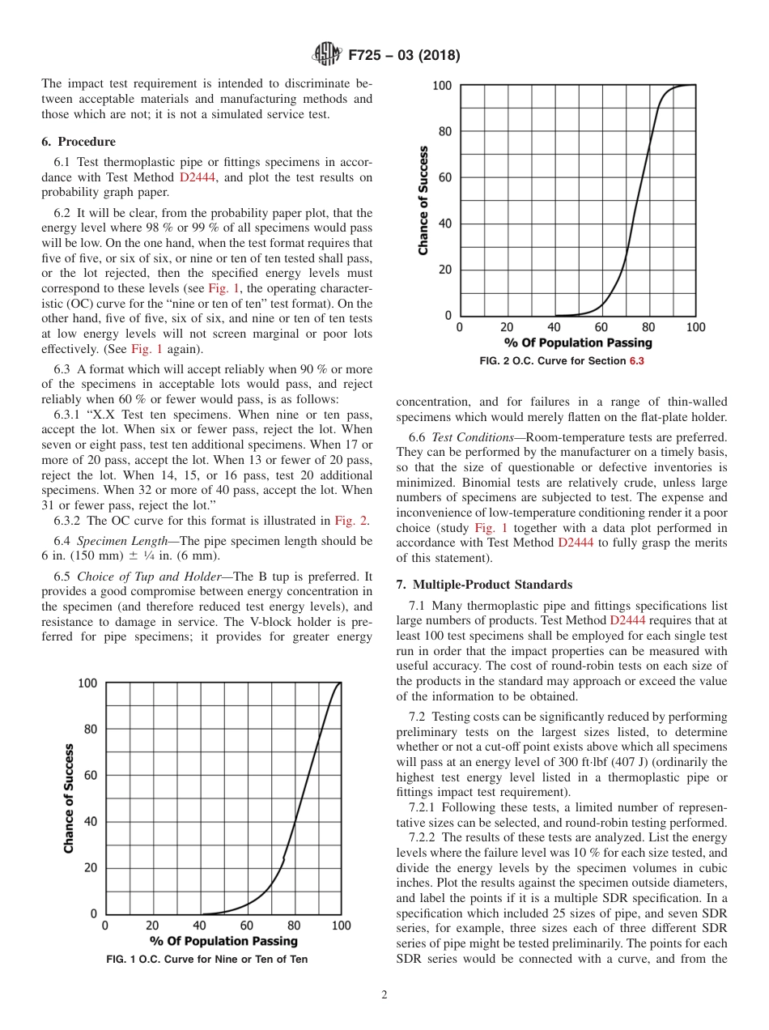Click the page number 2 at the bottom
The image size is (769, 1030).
[384, 995]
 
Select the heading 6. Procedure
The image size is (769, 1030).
[79, 142]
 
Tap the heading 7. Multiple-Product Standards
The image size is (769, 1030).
[484, 584]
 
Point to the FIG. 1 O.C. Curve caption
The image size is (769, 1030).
[207, 960]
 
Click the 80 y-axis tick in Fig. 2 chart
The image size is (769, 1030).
[444, 131]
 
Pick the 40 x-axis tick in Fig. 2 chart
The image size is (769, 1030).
[554, 327]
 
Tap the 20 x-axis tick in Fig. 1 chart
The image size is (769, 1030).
[152, 926]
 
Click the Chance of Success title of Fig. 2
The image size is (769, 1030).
[423, 200]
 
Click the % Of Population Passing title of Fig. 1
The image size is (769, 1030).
[223, 941]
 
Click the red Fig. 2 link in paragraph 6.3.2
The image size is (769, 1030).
[352, 521]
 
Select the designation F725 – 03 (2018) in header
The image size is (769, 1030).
[404, 56]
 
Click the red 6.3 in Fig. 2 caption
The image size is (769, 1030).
[636, 361]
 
